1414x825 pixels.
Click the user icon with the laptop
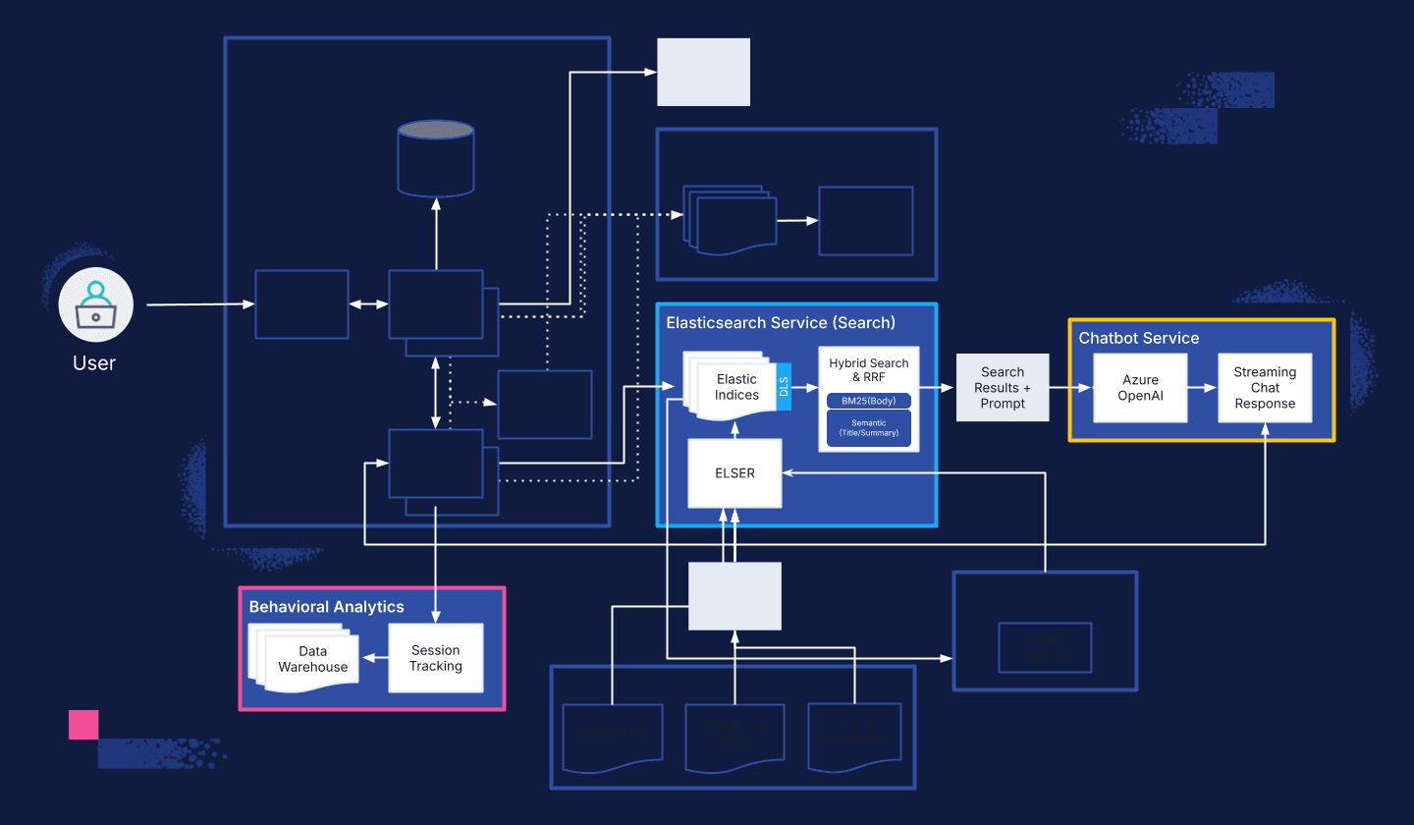point(95,304)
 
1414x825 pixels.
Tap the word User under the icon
point(94,363)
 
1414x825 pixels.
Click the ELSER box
point(734,473)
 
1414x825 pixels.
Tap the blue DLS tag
point(784,386)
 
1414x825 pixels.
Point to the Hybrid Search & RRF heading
point(868,369)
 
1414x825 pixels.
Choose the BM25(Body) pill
point(868,401)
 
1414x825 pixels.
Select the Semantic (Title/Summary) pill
point(868,427)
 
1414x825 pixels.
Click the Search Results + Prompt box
point(1003,388)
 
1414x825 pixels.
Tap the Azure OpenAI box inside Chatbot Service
point(1140,388)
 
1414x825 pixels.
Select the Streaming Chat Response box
point(1265,388)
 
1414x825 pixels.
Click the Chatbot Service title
point(1138,338)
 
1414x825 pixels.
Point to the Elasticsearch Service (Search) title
point(781,322)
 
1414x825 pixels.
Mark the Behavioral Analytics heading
point(326,607)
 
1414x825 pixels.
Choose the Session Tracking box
point(435,658)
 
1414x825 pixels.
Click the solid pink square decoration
point(83,725)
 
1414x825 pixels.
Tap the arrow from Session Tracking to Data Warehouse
point(374,658)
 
